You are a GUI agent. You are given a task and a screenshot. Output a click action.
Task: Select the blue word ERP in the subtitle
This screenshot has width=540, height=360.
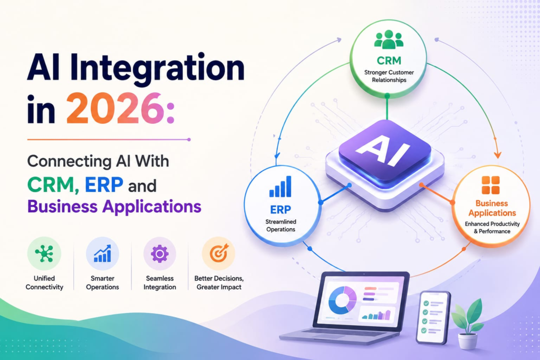[x=104, y=184]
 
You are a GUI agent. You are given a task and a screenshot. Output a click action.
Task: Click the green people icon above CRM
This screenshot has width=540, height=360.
[x=389, y=39]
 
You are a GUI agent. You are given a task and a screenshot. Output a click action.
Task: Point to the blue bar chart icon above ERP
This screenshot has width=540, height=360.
[x=281, y=187]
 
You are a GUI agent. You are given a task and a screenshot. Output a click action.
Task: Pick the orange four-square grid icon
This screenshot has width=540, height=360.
[x=491, y=185]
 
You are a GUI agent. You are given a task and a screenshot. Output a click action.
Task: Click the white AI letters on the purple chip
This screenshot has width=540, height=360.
[x=383, y=149]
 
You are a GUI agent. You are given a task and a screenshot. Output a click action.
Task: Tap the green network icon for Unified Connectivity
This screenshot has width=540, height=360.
[x=44, y=254]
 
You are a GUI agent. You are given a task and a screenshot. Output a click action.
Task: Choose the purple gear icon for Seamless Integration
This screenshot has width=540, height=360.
[x=159, y=254]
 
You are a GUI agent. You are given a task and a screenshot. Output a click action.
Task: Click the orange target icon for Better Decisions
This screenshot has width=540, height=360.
[x=219, y=254]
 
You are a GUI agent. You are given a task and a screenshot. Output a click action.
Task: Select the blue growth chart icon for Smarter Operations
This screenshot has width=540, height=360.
[x=102, y=254]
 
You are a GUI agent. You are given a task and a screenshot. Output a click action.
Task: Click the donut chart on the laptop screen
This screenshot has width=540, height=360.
[x=342, y=300]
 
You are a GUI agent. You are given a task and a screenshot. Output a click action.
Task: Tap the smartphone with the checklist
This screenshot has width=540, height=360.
[x=432, y=317]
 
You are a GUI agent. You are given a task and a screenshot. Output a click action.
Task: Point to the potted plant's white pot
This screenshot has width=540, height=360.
[x=467, y=340]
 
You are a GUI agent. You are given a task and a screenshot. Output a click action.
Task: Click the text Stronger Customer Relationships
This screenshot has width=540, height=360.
[x=389, y=76]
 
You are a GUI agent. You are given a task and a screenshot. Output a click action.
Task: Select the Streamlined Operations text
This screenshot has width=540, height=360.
[x=281, y=226]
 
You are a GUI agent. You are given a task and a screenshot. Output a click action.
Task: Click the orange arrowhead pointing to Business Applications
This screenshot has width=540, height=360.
[x=497, y=154]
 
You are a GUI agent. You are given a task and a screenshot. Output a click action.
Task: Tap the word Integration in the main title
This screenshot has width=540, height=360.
[x=157, y=68]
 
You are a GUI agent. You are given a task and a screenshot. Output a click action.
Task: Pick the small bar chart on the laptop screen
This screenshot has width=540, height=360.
[x=377, y=315]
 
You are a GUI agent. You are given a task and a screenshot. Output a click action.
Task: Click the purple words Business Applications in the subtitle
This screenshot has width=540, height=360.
[x=114, y=207]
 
